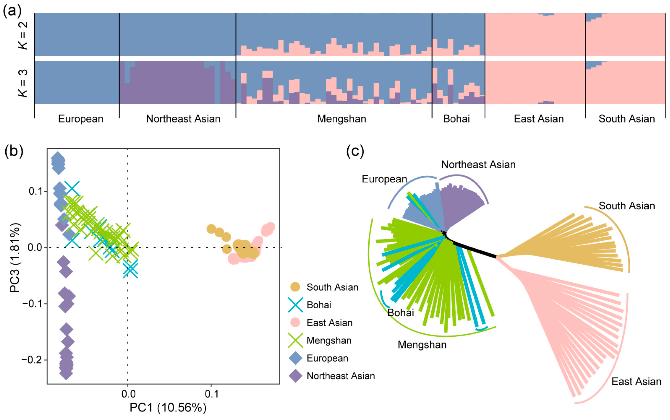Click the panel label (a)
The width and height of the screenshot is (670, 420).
(12, 11)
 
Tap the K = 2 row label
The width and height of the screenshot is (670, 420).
(23, 35)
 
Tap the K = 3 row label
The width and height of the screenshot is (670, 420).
(23, 83)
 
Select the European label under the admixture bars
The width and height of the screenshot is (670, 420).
(81, 119)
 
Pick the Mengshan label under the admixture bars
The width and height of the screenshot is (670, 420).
(341, 119)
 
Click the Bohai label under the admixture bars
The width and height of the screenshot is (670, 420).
(456, 119)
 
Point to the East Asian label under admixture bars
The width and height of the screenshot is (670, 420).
(539, 119)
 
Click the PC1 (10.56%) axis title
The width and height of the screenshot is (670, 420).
(168, 408)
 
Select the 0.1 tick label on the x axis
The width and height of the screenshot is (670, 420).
(211, 394)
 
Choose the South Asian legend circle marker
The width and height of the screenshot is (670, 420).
(295, 287)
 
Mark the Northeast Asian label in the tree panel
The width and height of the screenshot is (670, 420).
(478, 165)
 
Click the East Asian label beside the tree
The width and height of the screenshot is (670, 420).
(636, 381)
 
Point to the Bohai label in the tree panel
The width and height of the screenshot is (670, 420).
(400, 313)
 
